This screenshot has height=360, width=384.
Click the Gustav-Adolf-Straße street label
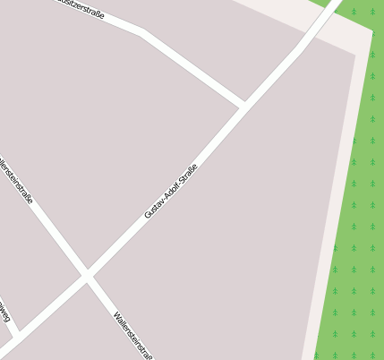click(x=171, y=191)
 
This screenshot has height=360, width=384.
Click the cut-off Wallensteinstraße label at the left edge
click(x=15, y=179)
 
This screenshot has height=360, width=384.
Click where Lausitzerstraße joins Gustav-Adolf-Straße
click(x=243, y=107)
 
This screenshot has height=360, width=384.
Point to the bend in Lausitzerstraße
click(x=142, y=33)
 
